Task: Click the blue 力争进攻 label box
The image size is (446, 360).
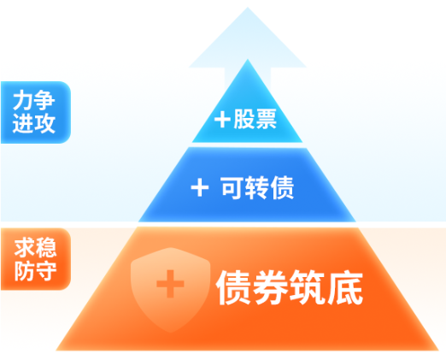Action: (x=36, y=112)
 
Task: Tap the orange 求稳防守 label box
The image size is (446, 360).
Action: (x=36, y=259)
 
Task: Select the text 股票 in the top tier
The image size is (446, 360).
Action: (x=255, y=119)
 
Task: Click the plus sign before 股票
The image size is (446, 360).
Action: (x=222, y=119)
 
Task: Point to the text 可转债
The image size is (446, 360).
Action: (x=257, y=187)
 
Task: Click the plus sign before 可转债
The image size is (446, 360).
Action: (x=200, y=187)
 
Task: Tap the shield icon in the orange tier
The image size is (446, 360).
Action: (x=170, y=290)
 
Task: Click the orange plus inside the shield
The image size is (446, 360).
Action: (x=170, y=284)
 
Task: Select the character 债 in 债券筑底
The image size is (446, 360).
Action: (x=233, y=287)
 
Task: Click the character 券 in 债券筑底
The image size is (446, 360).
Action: (x=270, y=287)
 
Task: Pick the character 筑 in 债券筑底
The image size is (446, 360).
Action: (x=307, y=287)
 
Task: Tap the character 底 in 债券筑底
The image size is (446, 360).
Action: (x=344, y=287)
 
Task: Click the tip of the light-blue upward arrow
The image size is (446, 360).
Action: (x=248, y=8)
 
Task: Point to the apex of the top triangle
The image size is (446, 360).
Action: (x=248, y=59)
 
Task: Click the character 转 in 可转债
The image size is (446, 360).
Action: (x=257, y=187)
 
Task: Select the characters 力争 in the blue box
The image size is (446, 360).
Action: (x=33, y=100)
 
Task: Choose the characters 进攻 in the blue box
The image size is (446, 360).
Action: (x=33, y=123)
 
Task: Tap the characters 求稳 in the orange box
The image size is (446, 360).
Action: (x=35, y=247)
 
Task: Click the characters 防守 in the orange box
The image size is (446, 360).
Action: (x=35, y=271)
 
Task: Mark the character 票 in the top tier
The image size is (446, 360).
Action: (x=267, y=119)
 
